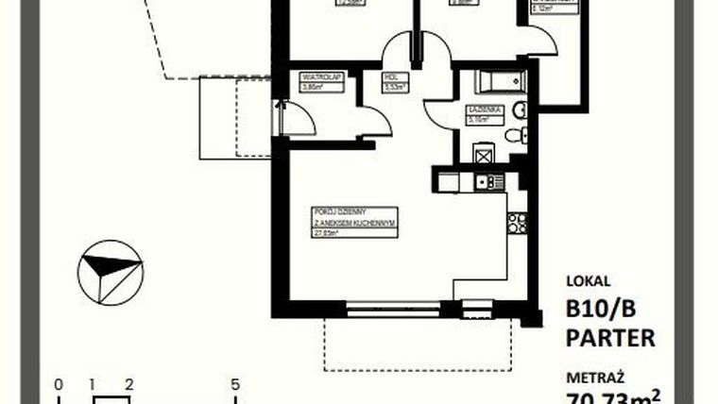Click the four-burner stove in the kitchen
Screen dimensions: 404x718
[517, 223]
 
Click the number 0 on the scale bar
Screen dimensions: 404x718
[59, 384]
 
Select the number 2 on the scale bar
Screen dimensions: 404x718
[128, 384]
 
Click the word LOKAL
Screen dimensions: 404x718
[589, 280]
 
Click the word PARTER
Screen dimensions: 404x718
[610, 337]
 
